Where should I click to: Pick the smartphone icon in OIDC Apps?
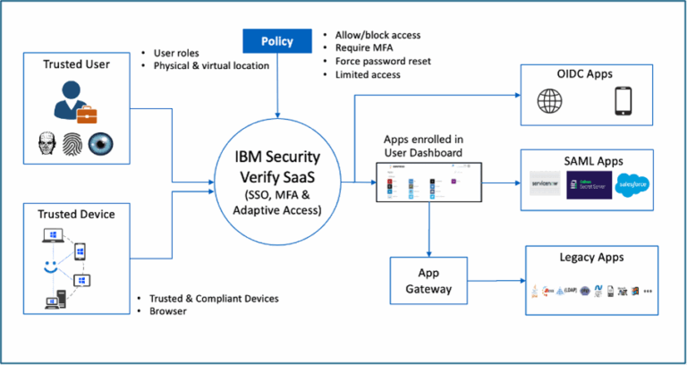click(x=624, y=103)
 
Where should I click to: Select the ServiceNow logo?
click(x=544, y=184)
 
